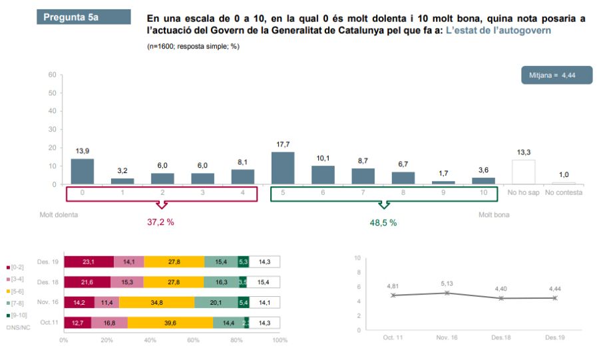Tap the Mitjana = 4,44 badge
pos(556,75)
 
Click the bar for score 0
pos(82,172)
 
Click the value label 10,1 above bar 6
pos(323,158)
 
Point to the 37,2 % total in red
pos(160,222)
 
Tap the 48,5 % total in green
pos(383,222)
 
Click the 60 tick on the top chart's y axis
pos(51,75)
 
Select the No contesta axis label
pos(564,193)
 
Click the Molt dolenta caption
pos(59,216)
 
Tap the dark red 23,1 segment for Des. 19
pos(89,262)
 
